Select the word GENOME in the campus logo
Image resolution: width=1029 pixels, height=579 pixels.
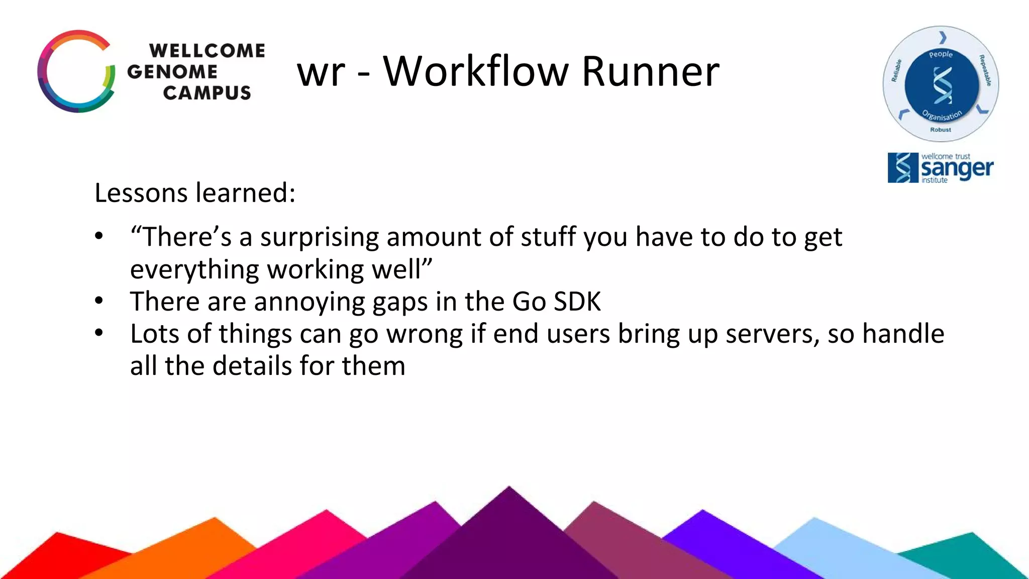[x=172, y=72]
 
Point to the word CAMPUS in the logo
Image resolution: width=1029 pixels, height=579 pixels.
[x=207, y=93]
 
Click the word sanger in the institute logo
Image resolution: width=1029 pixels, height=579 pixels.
[x=957, y=169]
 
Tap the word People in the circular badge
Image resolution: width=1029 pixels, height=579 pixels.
[x=941, y=54]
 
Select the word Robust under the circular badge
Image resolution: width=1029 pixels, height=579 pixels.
[x=941, y=130]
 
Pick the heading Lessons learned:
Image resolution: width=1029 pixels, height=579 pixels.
[x=195, y=193]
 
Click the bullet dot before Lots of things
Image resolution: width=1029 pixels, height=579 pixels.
[x=99, y=333]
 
